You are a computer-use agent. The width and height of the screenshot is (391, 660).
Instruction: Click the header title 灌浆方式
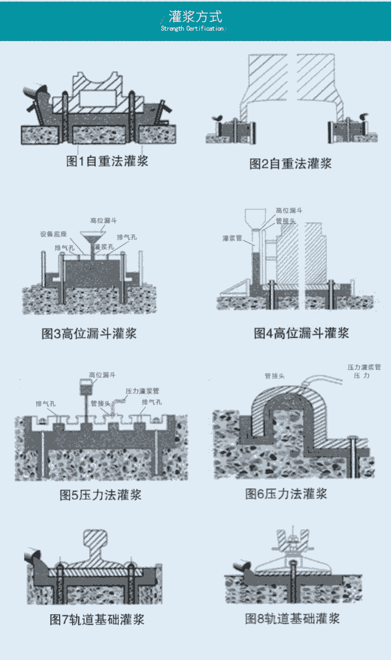(195, 16)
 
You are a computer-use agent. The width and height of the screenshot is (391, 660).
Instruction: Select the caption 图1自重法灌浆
(107, 161)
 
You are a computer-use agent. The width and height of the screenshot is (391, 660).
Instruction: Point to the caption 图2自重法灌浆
(290, 164)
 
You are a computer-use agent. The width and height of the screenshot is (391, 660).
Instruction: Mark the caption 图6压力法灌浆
(286, 493)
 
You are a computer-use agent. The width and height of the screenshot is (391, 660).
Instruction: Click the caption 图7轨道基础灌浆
(97, 619)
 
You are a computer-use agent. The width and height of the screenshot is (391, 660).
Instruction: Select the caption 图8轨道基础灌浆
(292, 618)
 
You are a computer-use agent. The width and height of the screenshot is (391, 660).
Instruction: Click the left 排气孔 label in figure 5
(46, 403)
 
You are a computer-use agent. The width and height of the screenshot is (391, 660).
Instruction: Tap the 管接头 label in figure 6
(274, 375)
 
